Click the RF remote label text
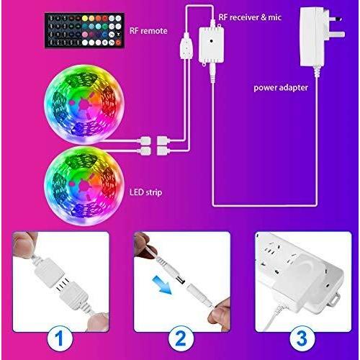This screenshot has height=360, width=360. (x=148, y=31)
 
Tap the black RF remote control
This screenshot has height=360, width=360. (x=84, y=30)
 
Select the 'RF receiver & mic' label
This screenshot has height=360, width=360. (x=250, y=17)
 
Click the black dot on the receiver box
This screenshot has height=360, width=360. (x=211, y=41)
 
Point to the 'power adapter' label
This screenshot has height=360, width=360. (x=281, y=88)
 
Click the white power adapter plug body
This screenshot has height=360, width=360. (x=312, y=37)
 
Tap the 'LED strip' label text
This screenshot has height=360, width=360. (x=145, y=192)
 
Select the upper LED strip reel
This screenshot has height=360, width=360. (x=84, y=104)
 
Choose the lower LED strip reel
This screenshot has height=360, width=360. (x=84, y=186)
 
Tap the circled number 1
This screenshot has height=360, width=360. (x=60, y=338)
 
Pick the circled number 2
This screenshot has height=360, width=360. (x=181, y=338)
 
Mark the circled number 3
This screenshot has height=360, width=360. (x=302, y=338)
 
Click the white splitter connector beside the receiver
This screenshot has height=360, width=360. (x=186, y=46)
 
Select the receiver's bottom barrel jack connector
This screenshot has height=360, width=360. (x=212, y=73)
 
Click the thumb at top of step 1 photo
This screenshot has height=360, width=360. (x=24, y=243)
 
